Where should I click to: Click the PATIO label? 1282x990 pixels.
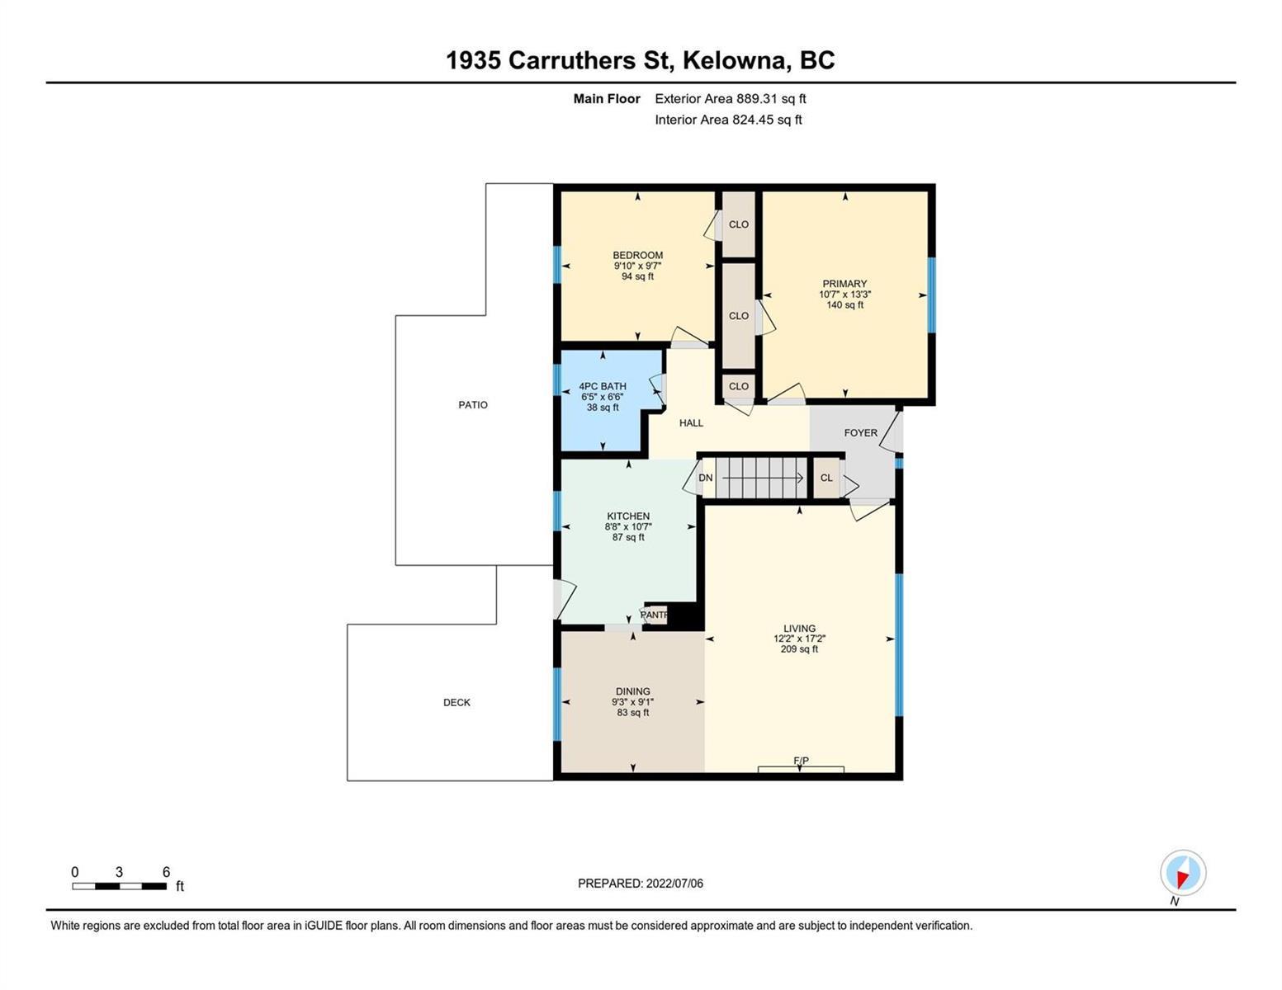tap(472, 404)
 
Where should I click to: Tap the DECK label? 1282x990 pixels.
tap(457, 702)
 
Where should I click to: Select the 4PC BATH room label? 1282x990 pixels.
tap(603, 386)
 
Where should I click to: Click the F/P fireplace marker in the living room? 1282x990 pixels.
tap(801, 761)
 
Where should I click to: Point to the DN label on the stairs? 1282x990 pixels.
tap(706, 478)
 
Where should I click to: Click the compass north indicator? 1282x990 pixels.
tap(1183, 873)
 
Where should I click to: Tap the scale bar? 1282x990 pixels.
tap(119, 886)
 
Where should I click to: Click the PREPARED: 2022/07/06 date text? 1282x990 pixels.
tap(640, 884)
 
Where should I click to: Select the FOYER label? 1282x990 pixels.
tap(860, 433)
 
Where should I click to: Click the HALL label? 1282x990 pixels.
tap(691, 422)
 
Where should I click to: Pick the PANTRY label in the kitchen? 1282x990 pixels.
tap(654, 615)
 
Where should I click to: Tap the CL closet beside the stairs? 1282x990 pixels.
tap(826, 478)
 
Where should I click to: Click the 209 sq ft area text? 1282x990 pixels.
tap(799, 649)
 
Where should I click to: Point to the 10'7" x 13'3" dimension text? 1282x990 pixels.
tap(844, 295)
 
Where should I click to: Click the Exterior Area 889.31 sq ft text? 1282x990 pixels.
tap(731, 99)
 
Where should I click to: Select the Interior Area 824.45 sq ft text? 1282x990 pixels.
tap(729, 120)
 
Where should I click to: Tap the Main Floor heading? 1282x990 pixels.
tap(607, 99)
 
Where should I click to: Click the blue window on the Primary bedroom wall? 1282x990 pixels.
tap(931, 295)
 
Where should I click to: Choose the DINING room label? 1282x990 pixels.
tap(632, 691)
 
